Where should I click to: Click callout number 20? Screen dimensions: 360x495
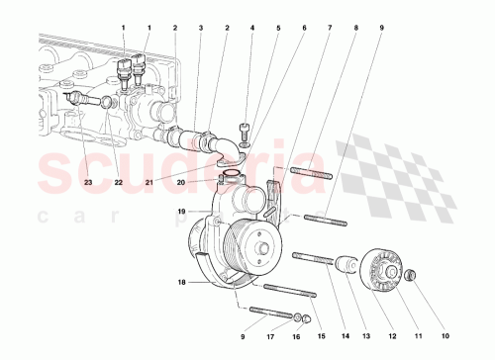pyautogui.click(x=181, y=182)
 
